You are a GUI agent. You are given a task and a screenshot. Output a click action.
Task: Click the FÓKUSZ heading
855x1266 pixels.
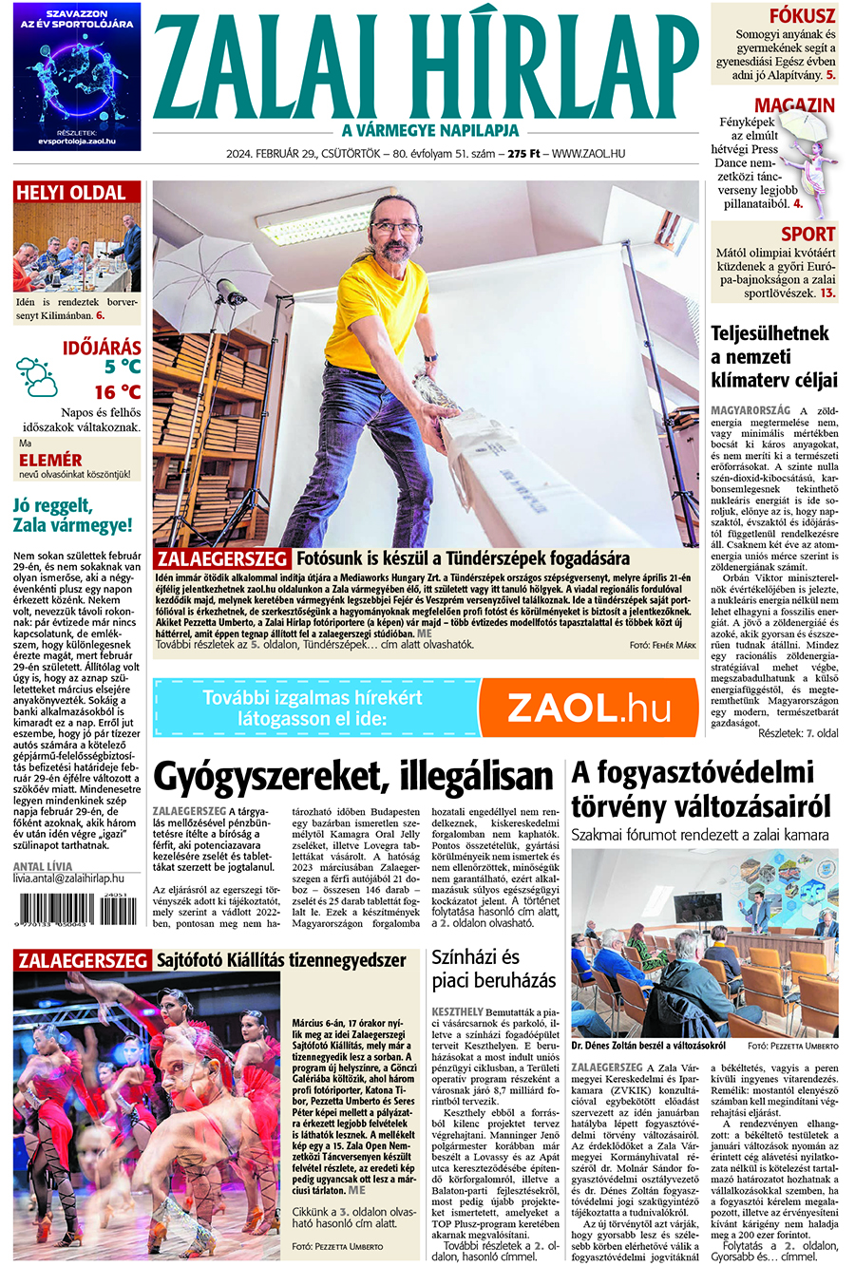(x=802, y=15)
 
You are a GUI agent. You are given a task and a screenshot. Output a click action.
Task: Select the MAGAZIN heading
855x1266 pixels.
(x=794, y=105)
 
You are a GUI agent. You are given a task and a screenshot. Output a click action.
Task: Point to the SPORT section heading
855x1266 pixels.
(x=807, y=234)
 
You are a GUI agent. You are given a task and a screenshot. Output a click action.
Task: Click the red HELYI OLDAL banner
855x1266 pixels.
(x=71, y=193)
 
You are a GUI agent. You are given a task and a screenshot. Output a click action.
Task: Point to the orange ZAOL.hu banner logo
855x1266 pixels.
(x=588, y=709)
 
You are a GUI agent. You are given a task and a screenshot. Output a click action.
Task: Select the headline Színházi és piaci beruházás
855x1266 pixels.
(x=494, y=969)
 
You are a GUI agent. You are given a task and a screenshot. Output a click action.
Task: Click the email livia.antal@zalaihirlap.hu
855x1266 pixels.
(x=68, y=880)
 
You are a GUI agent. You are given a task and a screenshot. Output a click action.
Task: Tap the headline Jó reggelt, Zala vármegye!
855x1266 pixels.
(x=72, y=514)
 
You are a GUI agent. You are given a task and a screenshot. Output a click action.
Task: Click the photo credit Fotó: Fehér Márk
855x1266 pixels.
(x=662, y=645)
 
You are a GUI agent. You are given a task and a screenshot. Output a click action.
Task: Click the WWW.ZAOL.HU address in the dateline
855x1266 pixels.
(x=588, y=154)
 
